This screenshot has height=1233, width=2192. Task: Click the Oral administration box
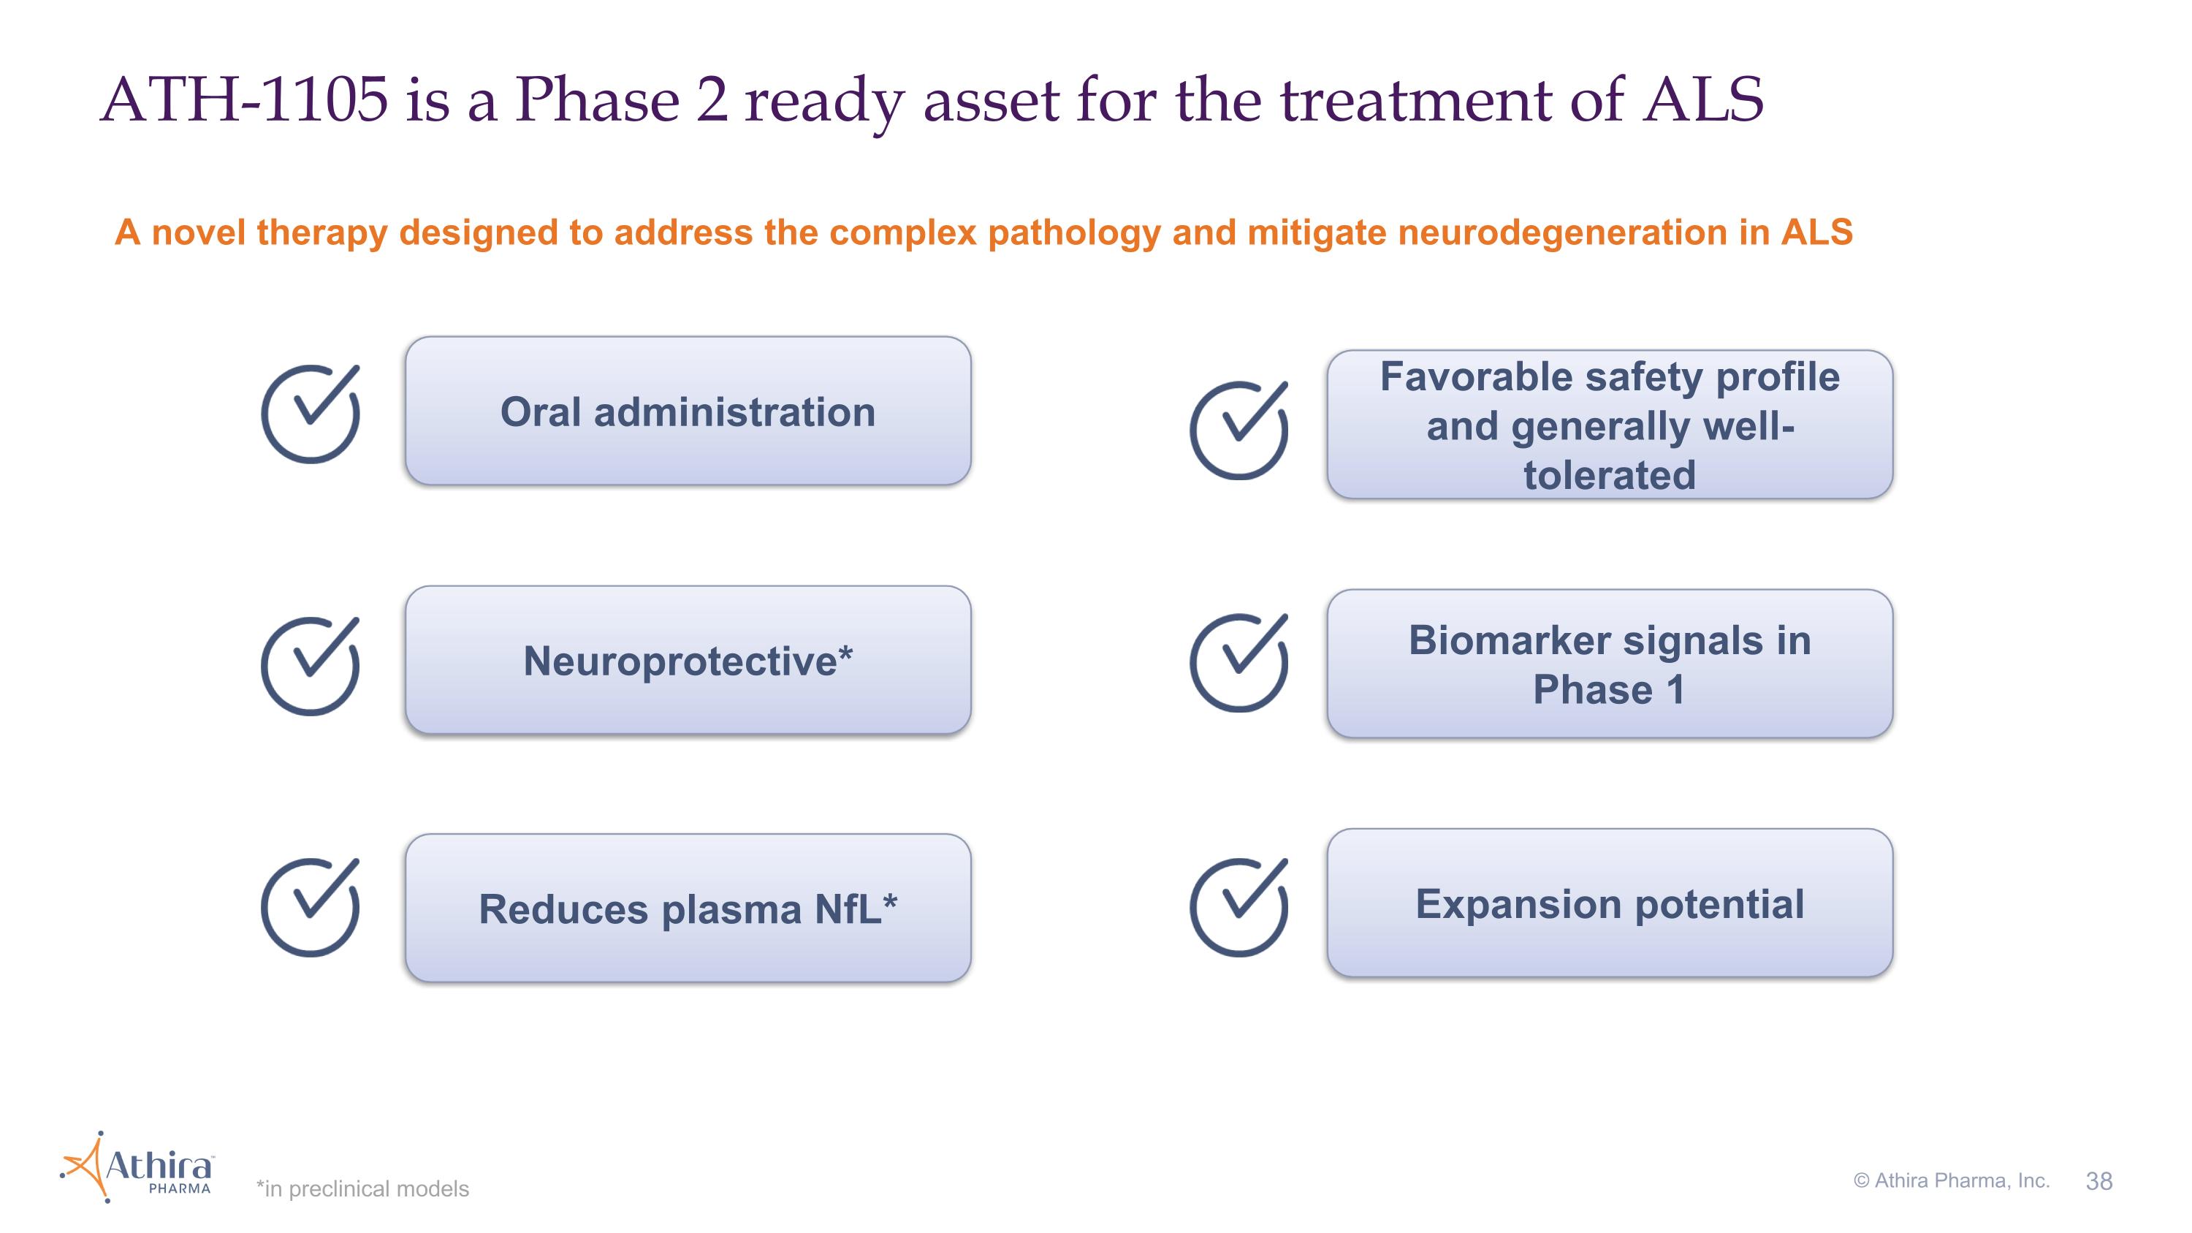(x=688, y=411)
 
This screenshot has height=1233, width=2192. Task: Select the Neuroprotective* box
(x=688, y=659)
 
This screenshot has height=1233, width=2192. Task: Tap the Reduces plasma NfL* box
(x=688, y=908)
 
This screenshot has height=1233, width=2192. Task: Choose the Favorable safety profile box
(x=1609, y=425)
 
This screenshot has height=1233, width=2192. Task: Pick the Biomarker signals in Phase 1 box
(x=1609, y=664)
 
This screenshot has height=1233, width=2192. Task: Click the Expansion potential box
(x=1609, y=903)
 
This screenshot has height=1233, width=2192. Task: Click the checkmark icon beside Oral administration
(x=311, y=414)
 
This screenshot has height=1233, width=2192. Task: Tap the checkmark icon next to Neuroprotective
(x=311, y=665)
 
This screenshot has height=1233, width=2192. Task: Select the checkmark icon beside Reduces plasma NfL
(x=311, y=907)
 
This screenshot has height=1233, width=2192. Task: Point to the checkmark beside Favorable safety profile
(x=1239, y=430)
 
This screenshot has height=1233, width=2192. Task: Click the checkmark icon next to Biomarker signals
(x=1239, y=662)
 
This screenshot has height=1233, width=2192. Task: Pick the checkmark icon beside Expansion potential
(x=1239, y=907)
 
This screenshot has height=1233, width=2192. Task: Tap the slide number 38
(x=2099, y=1180)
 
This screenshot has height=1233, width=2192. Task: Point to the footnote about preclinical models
(x=362, y=1188)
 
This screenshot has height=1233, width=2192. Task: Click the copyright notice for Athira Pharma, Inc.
(x=1952, y=1180)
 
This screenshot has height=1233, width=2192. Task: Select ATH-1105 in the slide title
(x=244, y=99)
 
